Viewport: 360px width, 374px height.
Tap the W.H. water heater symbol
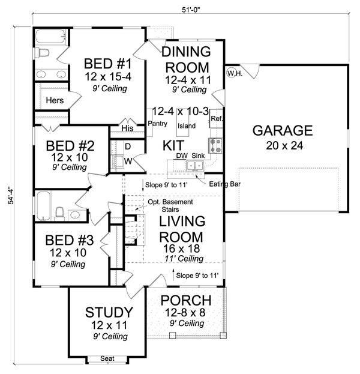(x=233, y=73)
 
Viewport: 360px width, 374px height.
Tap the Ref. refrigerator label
(x=217, y=119)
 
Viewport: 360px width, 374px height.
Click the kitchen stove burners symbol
(x=215, y=145)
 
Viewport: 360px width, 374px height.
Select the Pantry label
(x=158, y=124)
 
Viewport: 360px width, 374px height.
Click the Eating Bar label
(x=226, y=184)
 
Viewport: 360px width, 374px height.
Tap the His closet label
(x=127, y=128)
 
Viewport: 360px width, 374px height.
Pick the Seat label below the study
(x=108, y=359)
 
